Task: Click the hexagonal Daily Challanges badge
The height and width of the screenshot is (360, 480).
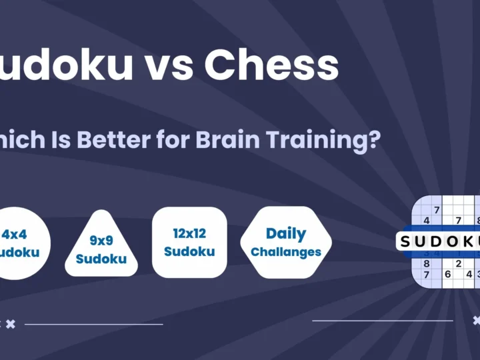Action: pos(285,242)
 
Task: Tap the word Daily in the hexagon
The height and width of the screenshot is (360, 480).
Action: pos(285,234)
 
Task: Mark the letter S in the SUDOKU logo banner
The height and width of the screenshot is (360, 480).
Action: pos(406,241)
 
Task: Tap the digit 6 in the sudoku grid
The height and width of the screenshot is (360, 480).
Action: pos(448,274)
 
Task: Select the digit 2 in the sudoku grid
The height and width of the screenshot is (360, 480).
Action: pos(459,263)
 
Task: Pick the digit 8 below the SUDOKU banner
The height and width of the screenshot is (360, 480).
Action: pos(427,263)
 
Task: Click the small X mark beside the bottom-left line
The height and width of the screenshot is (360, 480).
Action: pos(10,323)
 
